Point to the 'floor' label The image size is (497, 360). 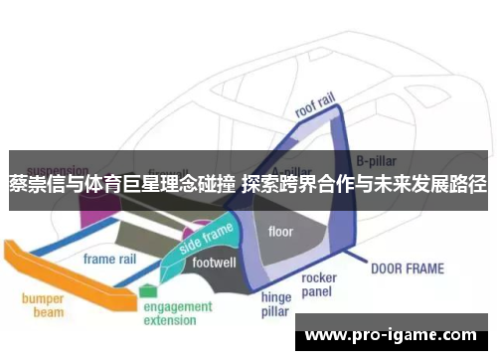point(281,232)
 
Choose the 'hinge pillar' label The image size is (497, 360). point(275,303)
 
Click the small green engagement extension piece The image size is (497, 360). point(148,289)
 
